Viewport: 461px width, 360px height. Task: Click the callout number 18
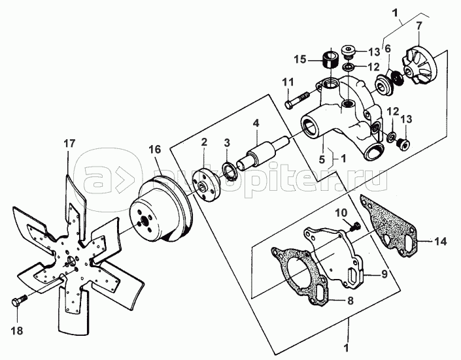(17, 331)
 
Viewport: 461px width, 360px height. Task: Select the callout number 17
(70, 144)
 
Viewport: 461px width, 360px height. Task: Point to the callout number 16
(155, 149)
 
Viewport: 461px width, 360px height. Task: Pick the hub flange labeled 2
(206, 185)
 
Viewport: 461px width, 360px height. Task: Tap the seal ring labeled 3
(230, 171)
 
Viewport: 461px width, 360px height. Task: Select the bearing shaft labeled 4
(263, 152)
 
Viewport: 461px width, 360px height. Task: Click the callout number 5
(322, 159)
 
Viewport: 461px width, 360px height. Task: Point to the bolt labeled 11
(297, 100)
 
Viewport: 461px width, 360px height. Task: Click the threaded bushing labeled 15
(330, 59)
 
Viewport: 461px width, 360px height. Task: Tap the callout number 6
(388, 49)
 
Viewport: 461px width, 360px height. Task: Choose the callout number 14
(441, 241)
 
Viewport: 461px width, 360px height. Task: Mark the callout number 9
(384, 274)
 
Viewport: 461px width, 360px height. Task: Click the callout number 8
(350, 301)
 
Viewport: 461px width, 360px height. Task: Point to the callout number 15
(301, 59)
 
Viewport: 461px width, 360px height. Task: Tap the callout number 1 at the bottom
(347, 348)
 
